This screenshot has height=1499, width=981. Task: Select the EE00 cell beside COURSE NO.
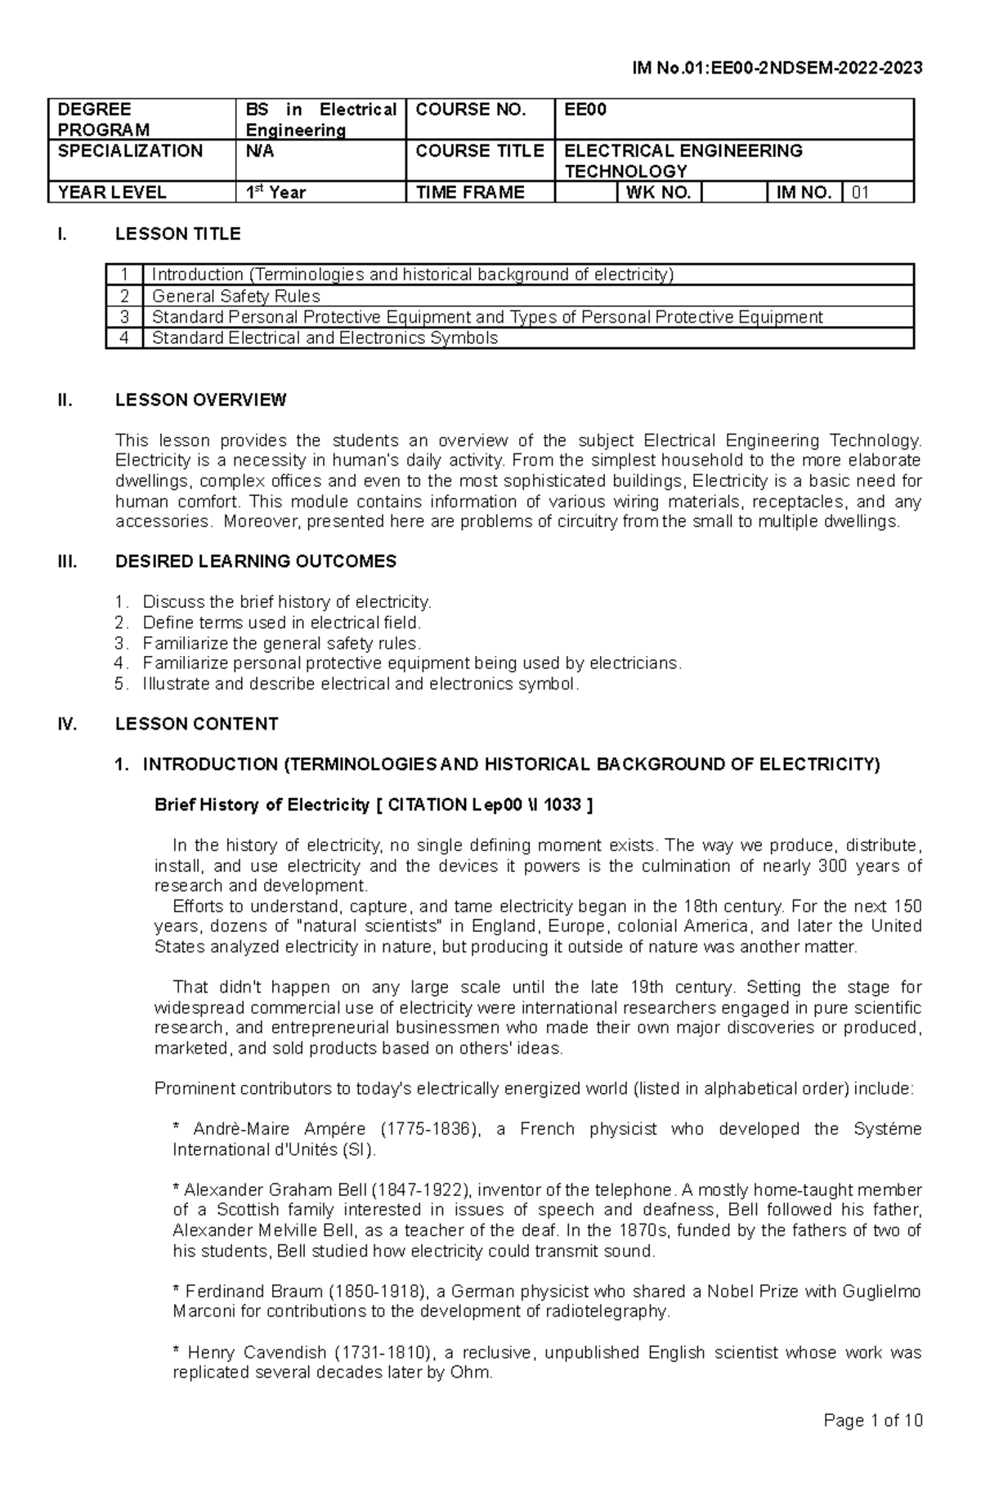click(732, 119)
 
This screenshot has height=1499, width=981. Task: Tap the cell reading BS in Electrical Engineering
click(320, 120)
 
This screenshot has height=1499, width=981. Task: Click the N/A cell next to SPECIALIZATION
click(320, 160)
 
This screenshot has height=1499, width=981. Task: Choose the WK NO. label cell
click(658, 193)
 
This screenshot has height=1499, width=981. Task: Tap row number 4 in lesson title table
click(124, 338)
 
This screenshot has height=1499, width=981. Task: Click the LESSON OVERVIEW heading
click(200, 400)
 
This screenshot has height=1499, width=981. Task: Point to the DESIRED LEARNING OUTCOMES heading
click(255, 561)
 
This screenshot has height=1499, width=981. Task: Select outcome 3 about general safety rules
click(281, 643)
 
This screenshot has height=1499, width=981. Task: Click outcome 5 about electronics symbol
click(360, 684)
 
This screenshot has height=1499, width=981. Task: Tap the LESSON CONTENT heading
click(196, 724)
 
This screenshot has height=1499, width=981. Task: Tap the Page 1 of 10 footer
click(872, 1443)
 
